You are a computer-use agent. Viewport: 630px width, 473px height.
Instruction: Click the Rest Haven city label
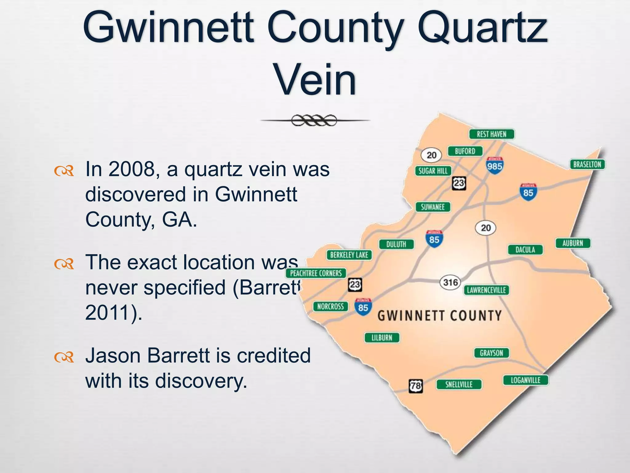[491, 134]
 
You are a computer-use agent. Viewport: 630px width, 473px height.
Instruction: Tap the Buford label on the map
[465, 151]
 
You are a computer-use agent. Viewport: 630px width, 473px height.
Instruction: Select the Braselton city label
[587, 164]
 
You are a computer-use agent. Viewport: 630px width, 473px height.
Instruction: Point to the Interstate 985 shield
[494, 166]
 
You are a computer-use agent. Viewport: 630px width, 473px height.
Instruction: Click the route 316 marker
[451, 282]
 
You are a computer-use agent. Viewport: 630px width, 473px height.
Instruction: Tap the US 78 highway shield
[416, 386]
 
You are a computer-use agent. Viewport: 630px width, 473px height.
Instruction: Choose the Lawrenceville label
[486, 290]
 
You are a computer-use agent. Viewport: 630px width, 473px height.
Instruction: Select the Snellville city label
[459, 384]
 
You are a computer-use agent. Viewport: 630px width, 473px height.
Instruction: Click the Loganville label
[525, 380]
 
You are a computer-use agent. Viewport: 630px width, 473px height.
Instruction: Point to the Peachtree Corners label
[316, 273]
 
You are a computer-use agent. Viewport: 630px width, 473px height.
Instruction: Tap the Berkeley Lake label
[349, 255]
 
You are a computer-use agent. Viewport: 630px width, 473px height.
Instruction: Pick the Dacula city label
[525, 249]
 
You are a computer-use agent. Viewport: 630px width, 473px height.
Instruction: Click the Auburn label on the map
[573, 243]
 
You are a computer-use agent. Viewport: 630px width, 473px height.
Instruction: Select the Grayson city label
[491, 353]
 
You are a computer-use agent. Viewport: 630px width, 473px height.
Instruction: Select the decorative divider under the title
[314, 120]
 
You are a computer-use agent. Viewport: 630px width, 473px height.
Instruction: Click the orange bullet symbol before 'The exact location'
[64, 264]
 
